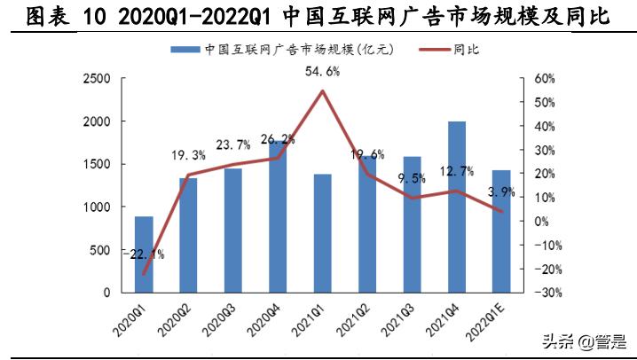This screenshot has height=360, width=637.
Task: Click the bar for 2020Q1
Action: [x=144, y=254]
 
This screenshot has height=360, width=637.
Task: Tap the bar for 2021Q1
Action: [x=323, y=232]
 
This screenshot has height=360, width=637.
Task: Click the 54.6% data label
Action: [x=323, y=71]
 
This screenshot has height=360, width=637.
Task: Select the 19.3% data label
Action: [x=188, y=156]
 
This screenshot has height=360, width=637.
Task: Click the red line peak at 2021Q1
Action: [x=323, y=91]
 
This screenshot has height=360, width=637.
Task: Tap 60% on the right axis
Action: [x=543, y=79]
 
